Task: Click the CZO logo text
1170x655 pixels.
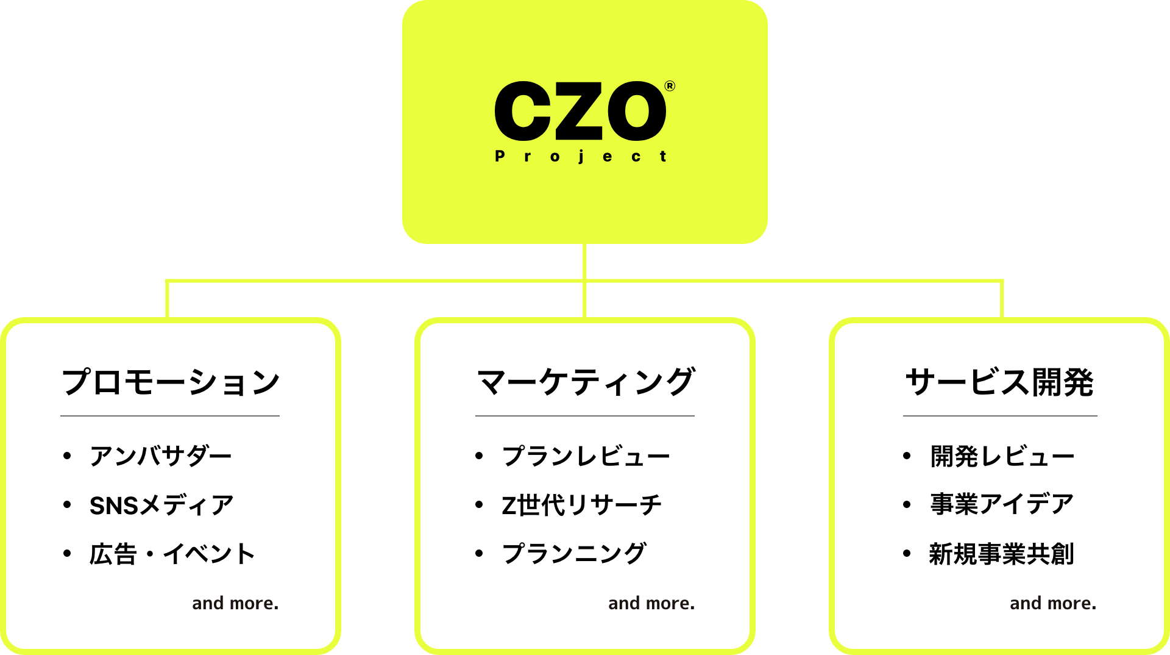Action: (x=580, y=111)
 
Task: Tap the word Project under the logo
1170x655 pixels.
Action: (x=580, y=156)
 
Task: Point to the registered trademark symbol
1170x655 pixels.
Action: (x=670, y=86)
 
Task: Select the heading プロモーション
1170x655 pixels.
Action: (x=170, y=382)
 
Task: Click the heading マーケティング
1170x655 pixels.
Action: (x=585, y=382)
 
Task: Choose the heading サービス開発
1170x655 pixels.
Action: (x=999, y=382)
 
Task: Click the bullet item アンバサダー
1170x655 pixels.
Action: (x=161, y=456)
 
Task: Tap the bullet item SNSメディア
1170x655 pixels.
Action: (x=161, y=505)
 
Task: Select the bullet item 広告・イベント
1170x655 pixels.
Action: (x=172, y=554)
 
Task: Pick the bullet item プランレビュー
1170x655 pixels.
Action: (x=586, y=456)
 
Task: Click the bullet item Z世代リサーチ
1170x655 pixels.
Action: (x=581, y=505)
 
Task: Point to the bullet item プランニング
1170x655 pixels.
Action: (x=573, y=554)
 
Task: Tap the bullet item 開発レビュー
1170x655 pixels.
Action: (x=1002, y=456)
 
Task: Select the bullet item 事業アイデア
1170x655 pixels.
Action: (x=1002, y=505)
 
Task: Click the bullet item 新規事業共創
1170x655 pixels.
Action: (x=1001, y=554)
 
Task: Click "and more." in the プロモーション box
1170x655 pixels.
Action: (x=235, y=603)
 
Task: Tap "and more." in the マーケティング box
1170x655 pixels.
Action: (x=651, y=603)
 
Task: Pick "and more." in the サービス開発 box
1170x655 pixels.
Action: (x=1053, y=603)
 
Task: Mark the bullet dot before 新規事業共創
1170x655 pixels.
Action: (x=907, y=554)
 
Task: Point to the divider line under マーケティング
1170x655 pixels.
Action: (x=585, y=416)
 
